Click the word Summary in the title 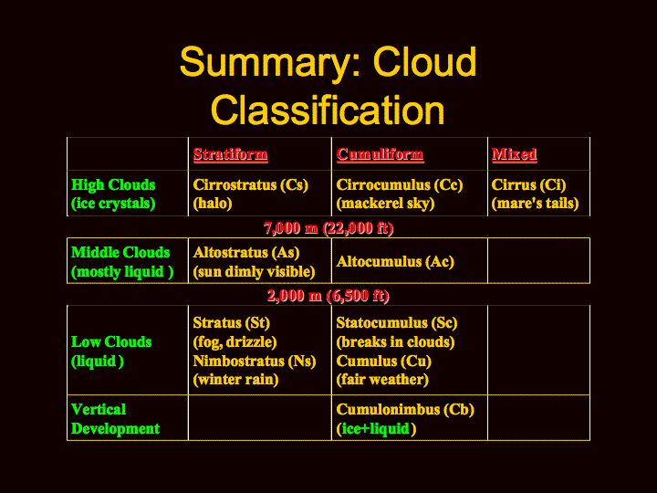coord(271,63)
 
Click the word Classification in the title coord(328,110)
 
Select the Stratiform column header coord(231,154)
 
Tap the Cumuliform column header coord(380,154)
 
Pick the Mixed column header coord(514,154)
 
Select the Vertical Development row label coord(115,419)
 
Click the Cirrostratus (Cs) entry coord(251,184)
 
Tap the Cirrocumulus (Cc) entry coord(400,184)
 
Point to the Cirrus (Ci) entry coord(528,184)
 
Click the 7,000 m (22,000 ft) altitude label coord(328,228)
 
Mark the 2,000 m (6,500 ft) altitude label coord(328,296)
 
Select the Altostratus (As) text coord(246,252)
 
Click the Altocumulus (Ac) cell coord(395,262)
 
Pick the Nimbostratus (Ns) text coord(255,361)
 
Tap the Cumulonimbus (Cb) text coord(405,410)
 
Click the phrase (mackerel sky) coord(385,204)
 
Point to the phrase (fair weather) coord(382,380)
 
